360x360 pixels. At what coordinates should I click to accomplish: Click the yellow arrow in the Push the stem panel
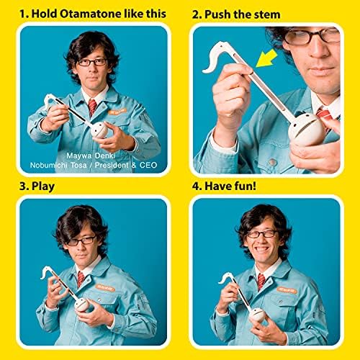coord(267,58)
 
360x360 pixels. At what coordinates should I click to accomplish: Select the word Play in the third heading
coord(43,186)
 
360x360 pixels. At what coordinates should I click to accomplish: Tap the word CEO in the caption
coord(148,165)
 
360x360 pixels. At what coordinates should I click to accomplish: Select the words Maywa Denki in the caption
coord(91,156)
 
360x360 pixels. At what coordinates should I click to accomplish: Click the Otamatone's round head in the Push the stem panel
coord(306,132)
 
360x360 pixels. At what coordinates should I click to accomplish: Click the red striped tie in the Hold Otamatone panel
coord(92,107)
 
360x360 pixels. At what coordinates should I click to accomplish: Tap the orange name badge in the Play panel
coord(105,287)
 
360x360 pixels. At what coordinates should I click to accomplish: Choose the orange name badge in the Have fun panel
coord(287,289)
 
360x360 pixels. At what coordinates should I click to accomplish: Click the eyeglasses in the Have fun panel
coord(262,234)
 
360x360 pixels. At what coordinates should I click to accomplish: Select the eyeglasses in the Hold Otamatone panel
coord(92,62)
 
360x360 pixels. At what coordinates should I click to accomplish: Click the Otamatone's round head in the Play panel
coord(81,305)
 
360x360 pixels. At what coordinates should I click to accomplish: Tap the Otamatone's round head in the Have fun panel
coord(257,315)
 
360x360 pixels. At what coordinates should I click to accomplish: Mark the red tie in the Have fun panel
coord(261,281)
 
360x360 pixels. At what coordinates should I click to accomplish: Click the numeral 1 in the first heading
coord(22,14)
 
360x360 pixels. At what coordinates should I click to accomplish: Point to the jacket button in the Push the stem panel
coord(273,163)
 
